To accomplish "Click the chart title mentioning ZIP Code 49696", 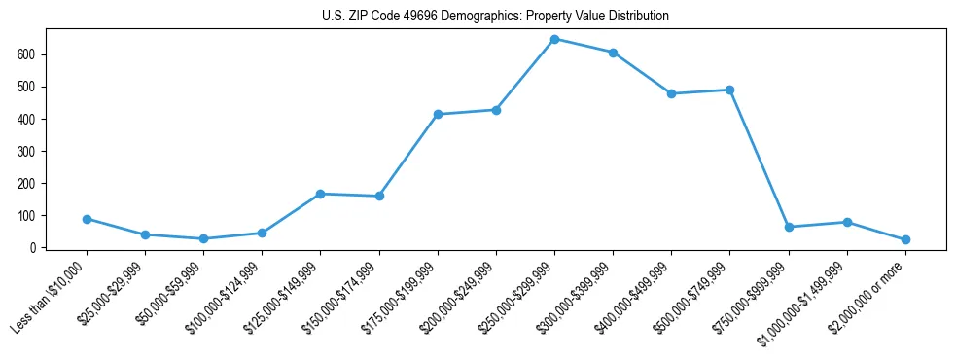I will point(495,17).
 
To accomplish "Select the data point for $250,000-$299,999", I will point(554,39).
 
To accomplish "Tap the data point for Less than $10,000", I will point(87,219).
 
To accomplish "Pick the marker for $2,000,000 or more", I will point(905,239).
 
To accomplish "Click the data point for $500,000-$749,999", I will point(729,90).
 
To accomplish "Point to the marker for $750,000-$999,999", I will point(789,227).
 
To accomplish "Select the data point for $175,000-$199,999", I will point(438,114).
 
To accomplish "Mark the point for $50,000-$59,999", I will point(203,238).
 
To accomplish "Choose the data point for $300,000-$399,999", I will point(613,53).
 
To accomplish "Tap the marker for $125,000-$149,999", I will point(320,194).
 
